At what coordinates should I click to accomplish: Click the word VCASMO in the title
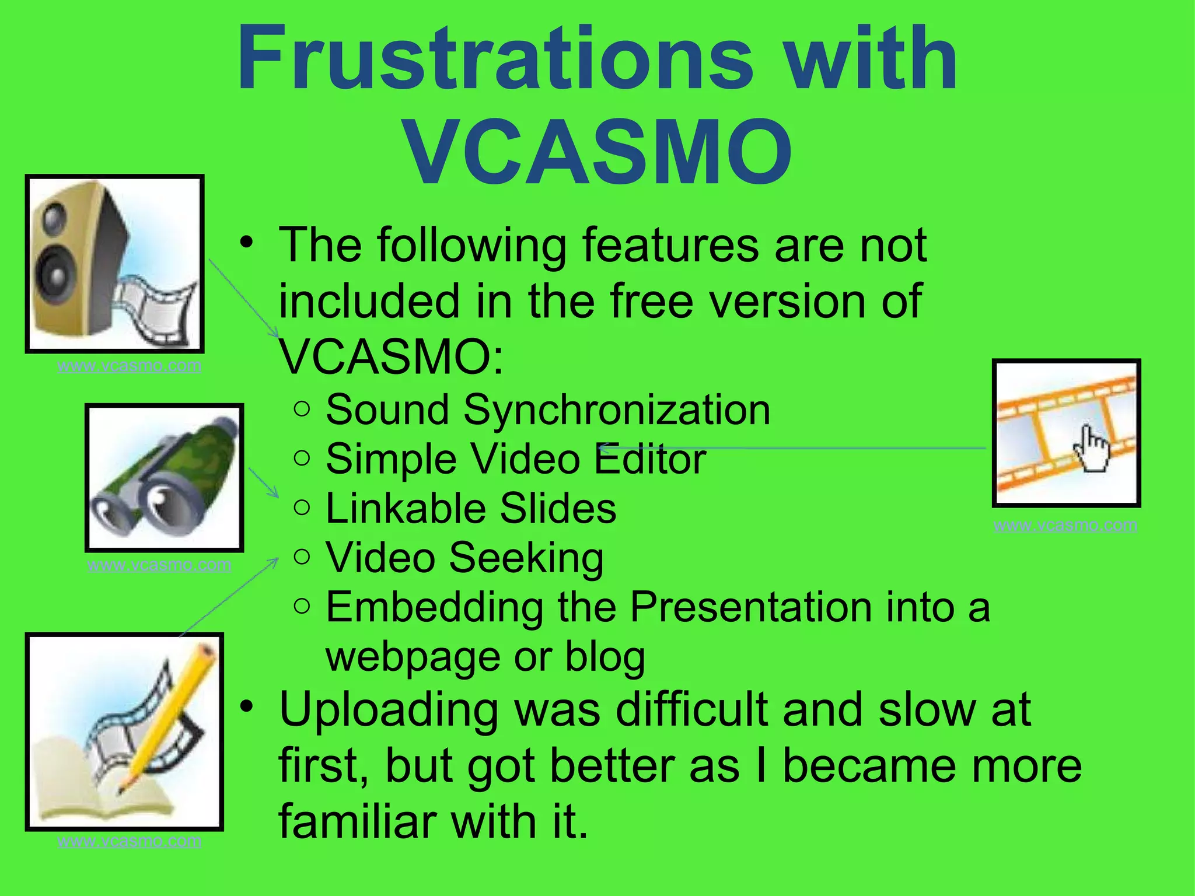pos(597,152)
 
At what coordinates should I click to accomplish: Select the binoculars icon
pos(164,477)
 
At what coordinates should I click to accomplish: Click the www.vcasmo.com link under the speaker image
pos(129,366)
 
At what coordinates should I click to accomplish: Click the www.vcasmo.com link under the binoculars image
pos(159,565)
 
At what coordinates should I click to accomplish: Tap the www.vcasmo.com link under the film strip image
pos(1065,526)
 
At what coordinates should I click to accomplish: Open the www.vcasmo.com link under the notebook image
pos(129,841)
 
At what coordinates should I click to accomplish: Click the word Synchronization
pos(617,410)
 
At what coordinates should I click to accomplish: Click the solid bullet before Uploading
pos(247,706)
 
